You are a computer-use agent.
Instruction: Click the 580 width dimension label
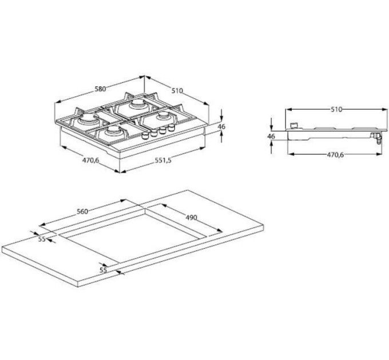coord(100,89)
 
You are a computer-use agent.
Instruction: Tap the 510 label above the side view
coord(335,109)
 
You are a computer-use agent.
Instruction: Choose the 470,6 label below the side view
coord(335,155)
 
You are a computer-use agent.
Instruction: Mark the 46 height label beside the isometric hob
coord(222,127)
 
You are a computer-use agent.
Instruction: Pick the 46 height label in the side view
coord(271,137)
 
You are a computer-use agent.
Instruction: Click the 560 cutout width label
coord(82,211)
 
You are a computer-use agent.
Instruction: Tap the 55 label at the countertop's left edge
coord(42,239)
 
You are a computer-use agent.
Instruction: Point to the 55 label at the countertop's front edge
coord(104,269)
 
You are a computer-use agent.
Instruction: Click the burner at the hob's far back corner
coord(137,105)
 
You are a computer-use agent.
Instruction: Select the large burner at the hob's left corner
coord(89,121)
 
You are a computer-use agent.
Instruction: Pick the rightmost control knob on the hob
coord(169,129)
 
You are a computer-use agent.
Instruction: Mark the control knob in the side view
coord(294,125)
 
